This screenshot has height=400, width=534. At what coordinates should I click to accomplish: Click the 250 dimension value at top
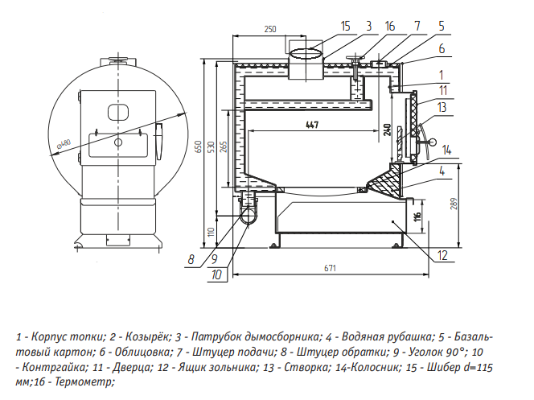tap(269, 29)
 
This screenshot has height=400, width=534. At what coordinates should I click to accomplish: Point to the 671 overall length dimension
tap(329, 266)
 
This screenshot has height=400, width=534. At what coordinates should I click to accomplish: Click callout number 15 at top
tap(345, 27)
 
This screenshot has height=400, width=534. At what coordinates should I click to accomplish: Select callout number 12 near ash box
tap(442, 256)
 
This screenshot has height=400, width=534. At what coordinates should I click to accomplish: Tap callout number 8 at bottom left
tap(191, 259)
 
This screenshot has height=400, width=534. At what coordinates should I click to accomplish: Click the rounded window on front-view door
tap(118, 111)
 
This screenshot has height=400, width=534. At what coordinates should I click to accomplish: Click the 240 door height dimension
tap(387, 131)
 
